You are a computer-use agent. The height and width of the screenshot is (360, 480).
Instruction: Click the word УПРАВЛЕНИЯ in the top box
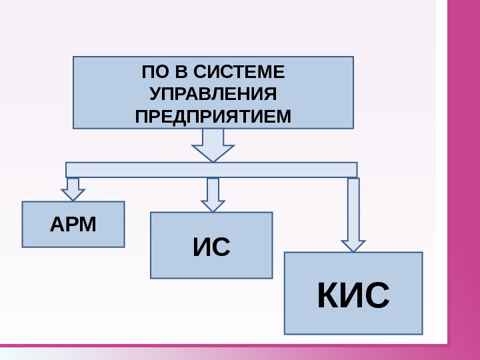click(x=213, y=93)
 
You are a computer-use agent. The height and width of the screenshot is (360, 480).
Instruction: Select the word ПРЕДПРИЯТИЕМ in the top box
click(x=213, y=116)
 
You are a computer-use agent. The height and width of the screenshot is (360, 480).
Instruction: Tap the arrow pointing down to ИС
click(x=213, y=195)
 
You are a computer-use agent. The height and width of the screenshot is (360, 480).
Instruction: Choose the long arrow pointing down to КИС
click(x=353, y=213)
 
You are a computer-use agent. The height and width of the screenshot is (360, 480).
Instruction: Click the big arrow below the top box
click(x=213, y=145)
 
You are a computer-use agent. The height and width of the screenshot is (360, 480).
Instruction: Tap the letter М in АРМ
click(x=88, y=225)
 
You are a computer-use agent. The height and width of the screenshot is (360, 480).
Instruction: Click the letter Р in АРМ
click(x=72, y=225)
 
